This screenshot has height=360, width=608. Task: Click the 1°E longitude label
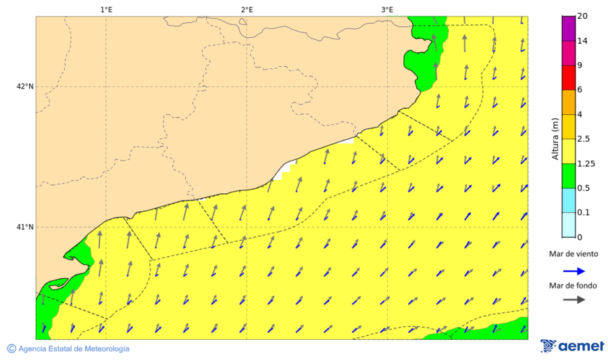click(106, 10)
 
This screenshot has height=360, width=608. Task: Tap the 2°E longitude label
click(247, 10)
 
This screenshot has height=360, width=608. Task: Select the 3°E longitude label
click(387, 10)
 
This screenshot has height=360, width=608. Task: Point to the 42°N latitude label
click(25, 86)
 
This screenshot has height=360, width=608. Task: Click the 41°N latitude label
click(25, 227)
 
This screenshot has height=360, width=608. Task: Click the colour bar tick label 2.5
click(584, 139)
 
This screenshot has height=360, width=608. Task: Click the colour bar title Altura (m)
click(555, 138)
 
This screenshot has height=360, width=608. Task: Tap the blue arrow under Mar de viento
click(573, 270)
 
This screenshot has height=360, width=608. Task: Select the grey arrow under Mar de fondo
click(573, 300)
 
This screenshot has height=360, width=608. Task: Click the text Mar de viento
click(573, 254)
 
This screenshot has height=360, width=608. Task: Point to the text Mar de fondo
click(573, 286)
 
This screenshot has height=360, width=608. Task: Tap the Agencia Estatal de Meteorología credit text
click(68, 349)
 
